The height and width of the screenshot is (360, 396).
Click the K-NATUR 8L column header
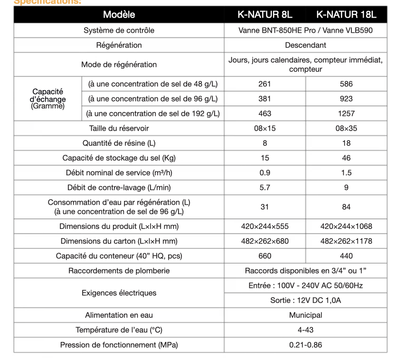click(x=264, y=15)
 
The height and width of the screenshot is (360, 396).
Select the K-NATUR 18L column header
click(x=346, y=15)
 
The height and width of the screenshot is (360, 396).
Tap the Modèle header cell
click(x=119, y=15)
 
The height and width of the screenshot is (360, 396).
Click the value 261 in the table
click(x=264, y=84)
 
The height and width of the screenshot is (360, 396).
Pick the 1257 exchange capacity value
click(x=346, y=114)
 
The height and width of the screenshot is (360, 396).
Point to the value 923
click(x=346, y=99)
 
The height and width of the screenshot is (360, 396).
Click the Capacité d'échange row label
click(x=47, y=99)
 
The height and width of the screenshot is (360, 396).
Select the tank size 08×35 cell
click(x=346, y=128)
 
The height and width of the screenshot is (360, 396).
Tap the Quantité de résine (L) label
click(x=119, y=143)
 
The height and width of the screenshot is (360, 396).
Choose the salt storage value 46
click(x=346, y=158)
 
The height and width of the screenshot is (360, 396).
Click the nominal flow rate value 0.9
click(x=264, y=173)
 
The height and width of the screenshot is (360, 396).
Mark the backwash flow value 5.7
click(x=264, y=188)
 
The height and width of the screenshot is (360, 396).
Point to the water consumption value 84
click(x=346, y=207)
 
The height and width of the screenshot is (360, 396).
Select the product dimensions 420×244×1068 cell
click(x=346, y=227)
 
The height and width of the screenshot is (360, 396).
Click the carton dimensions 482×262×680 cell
click(x=264, y=241)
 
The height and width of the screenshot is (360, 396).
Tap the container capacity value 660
click(x=264, y=256)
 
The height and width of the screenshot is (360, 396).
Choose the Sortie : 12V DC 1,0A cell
click(x=305, y=301)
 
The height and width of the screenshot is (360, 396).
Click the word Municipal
click(x=305, y=315)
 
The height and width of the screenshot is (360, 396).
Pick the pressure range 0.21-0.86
click(x=305, y=345)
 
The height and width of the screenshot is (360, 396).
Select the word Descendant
click(x=305, y=45)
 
